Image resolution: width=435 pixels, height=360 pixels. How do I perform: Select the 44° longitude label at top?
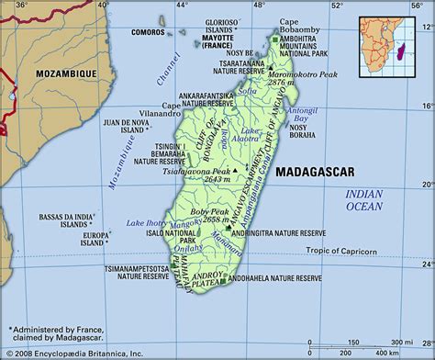[182, 6]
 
